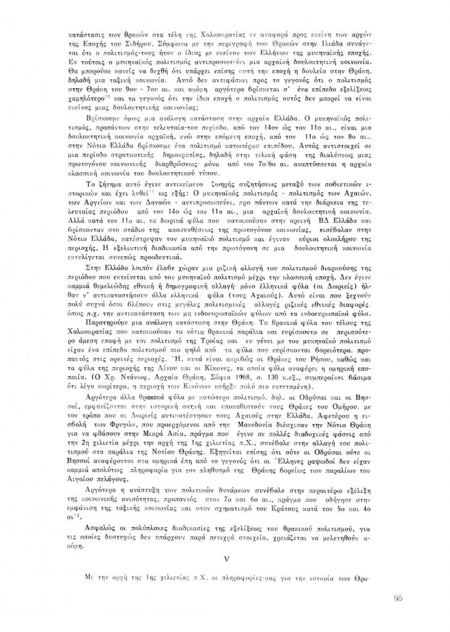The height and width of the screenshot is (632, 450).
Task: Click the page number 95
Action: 397,597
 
